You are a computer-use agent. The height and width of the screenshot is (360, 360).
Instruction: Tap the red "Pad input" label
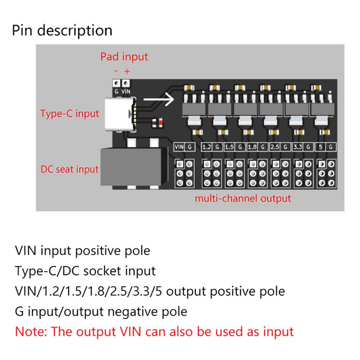click(124, 57)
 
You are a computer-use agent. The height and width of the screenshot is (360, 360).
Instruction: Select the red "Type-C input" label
click(69, 113)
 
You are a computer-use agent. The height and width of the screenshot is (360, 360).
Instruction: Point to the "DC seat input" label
click(69, 170)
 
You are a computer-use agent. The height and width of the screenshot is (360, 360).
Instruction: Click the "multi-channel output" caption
click(243, 198)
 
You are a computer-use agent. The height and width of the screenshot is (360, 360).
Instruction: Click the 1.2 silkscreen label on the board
click(207, 147)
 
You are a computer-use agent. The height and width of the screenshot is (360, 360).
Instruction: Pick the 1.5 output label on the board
click(229, 147)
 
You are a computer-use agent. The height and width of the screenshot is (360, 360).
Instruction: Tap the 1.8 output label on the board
click(252, 147)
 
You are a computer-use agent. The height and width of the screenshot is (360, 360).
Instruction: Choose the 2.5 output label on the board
click(275, 147)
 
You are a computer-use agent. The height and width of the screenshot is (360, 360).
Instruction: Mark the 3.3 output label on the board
click(297, 147)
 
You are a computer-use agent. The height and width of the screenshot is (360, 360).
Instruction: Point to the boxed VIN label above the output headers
click(179, 147)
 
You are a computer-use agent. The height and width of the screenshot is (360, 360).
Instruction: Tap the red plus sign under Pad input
click(127, 71)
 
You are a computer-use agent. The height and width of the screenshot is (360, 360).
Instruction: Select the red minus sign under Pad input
click(116, 71)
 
